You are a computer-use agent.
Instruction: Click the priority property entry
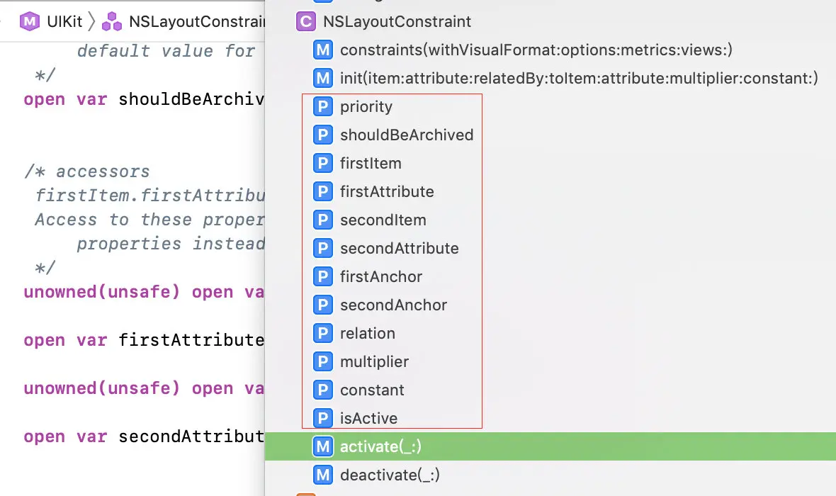click(366, 107)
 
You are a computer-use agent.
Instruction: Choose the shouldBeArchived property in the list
click(406, 135)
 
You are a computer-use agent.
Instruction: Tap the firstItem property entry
click(370, 164)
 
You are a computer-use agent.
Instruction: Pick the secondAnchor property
click(393, 305)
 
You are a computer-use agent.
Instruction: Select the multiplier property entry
click(374, 362)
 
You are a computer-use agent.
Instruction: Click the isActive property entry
click(368, 419)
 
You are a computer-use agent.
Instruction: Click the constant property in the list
click(372, 390)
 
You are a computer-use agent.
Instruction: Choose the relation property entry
click(367, 334)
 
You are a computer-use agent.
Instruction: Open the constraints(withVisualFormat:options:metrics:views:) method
click(536, 50)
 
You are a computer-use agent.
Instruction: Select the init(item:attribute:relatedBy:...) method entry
click(579, 79)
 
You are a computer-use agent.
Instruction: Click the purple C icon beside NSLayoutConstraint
click(305, 22)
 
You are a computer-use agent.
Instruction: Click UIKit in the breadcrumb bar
click(65, 21)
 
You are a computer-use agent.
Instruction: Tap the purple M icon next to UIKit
click(29, 21)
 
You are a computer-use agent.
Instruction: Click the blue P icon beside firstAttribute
click(323, 192)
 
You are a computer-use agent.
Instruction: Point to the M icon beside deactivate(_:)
click(323, 475)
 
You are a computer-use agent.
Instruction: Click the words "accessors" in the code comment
click(103, 171)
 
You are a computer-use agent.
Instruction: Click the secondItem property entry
click(383, 220)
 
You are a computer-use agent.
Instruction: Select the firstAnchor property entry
click(380, 277)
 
